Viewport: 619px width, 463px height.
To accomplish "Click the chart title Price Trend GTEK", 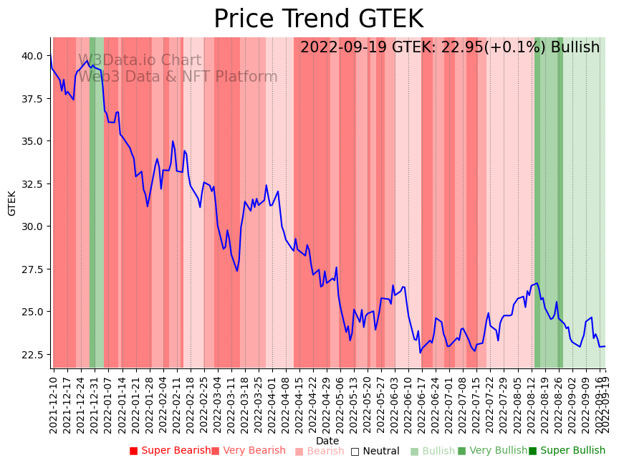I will pyautogui.click(x=318, y=19).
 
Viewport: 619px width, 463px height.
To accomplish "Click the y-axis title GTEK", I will pyautogui.click(x=12, y=203).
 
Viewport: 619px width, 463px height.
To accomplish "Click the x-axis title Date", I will pyautogui.click(x=327, y=441).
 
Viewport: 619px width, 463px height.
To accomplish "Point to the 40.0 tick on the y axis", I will pyautogui.click(x=31, y=55).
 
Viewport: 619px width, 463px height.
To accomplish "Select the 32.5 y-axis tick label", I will pyautogui.click(x=31, y=183).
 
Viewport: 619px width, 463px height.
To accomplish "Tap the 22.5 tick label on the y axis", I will pyautogui.click(x=31, y=355).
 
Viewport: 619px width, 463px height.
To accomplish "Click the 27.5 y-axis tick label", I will pyautogui.click(x=31, y=269).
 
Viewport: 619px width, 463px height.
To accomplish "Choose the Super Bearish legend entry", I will pyautogui.click(x=170, y=451).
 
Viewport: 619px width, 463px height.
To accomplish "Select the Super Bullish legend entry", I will pyautogui.click(x=567, y=451).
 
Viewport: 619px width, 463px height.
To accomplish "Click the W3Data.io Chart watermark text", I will pyautogui.click(x=140, y=61).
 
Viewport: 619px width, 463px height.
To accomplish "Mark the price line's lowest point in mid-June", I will pyautogui.click(x=421, y=352).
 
